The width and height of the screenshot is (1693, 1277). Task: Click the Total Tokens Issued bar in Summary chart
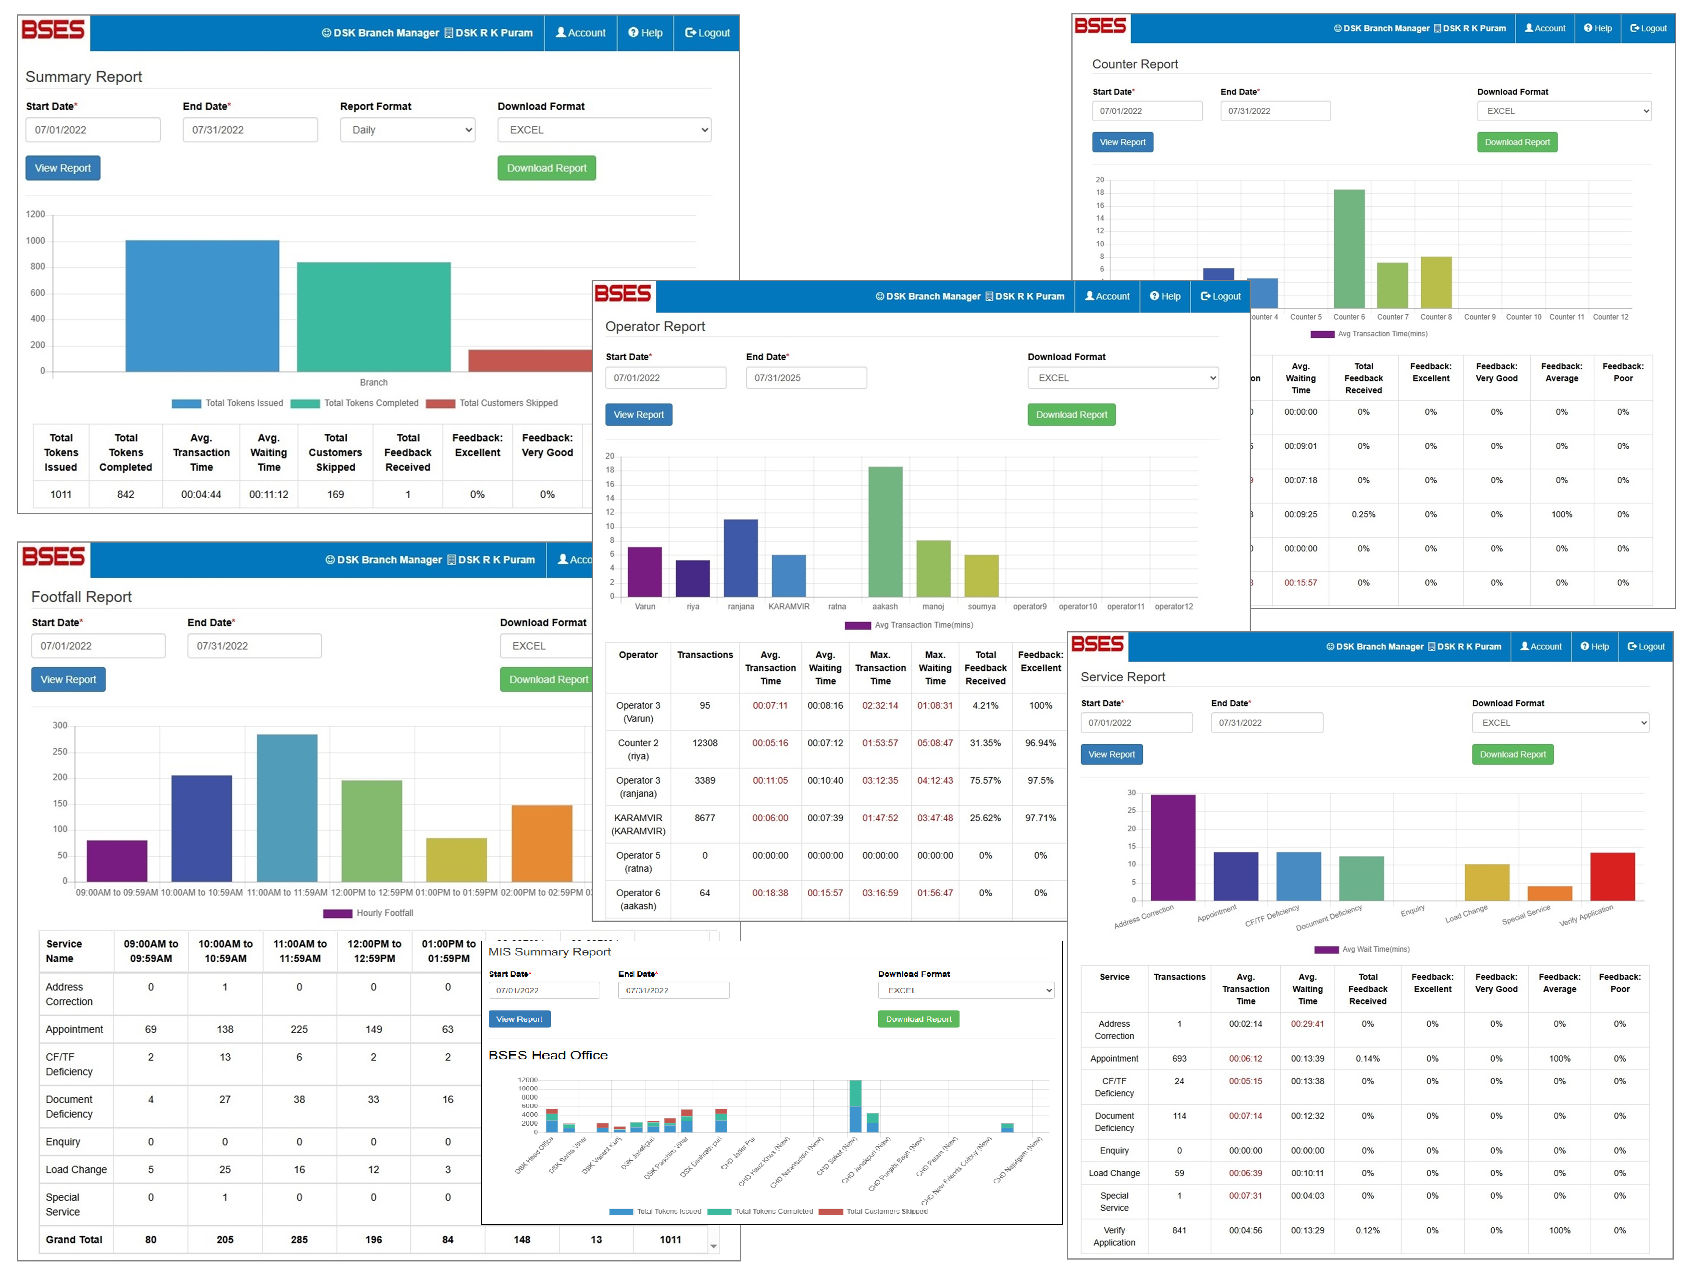pos(202,306)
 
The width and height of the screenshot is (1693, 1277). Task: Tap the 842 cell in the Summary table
pos(126,494)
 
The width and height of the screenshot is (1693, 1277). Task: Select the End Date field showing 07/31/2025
pos(806,378)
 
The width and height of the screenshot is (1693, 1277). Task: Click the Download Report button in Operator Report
pos(1071,415)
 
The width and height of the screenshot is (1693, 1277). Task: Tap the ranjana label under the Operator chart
pos(740,607)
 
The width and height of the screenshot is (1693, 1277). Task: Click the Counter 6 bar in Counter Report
pos(1349,249)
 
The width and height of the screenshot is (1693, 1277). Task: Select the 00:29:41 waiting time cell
pos(1307,1024)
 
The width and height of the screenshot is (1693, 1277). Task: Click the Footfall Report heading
pos(81,597)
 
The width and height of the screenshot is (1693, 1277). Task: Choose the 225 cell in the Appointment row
pos(299,1029)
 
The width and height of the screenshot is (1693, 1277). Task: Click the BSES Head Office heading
pos(548,1055)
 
